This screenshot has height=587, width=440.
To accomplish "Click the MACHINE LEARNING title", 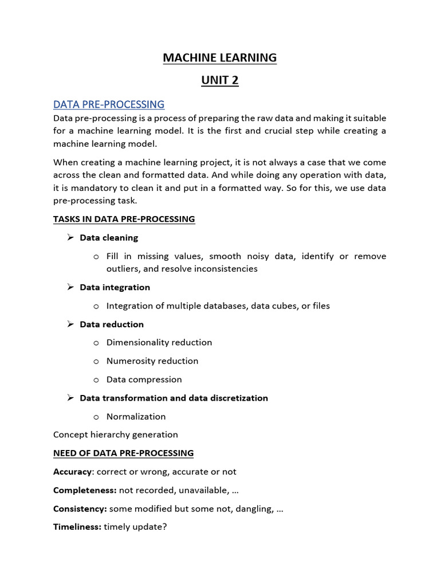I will (x=219, y=58).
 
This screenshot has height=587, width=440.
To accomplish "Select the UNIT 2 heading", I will (x=219, y=80).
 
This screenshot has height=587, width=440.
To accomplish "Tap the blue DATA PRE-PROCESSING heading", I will (x=109, y=104).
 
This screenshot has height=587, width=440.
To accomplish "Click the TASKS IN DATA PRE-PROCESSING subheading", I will (x=124, y=219).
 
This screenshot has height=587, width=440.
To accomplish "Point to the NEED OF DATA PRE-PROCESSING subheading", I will (x=123, y=453).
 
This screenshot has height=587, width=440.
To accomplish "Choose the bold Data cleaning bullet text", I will (x=109, y=237).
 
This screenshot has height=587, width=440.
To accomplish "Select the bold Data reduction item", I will (x=112, y=324).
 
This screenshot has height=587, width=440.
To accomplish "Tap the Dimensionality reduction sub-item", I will (x=159, y=342).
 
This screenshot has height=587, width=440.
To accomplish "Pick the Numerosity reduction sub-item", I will (x=152, y=361).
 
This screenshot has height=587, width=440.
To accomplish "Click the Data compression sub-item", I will (x=144, y=379).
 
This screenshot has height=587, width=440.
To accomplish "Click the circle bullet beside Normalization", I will (x=96, y=417).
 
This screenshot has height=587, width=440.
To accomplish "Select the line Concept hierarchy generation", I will (x=115, y=435).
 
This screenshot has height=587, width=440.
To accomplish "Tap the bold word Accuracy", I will (x=72, y=472).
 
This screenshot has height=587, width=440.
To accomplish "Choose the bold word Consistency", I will (x=80, y=508).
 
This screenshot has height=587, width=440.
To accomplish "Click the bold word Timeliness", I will (x=77, y=527).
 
